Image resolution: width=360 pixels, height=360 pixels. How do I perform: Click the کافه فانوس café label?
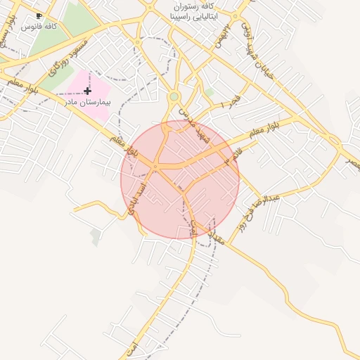[39, 26]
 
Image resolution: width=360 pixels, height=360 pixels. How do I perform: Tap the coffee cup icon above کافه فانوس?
[39, 15]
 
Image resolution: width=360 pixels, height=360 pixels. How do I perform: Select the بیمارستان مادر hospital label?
[86, 101]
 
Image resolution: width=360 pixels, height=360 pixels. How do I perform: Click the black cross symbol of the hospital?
[87, 91]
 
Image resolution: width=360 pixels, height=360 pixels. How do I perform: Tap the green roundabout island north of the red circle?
[174, 96]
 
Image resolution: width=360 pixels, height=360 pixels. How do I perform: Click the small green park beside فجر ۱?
[209, 92]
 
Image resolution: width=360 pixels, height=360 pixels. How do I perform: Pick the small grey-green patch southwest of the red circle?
[96, 237]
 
